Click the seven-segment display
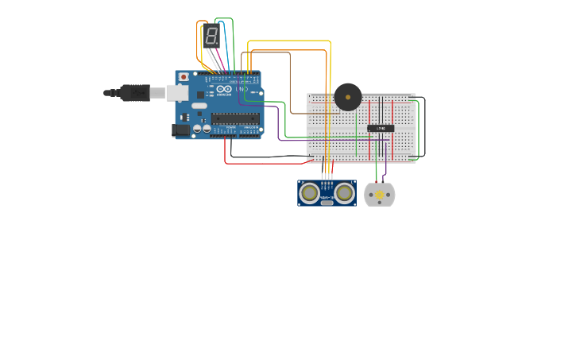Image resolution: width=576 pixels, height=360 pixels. point(211,36)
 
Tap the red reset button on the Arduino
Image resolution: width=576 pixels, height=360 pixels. point(184,77)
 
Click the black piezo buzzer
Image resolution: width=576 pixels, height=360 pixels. point(347,97)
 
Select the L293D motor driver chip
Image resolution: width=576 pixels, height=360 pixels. point(381,128)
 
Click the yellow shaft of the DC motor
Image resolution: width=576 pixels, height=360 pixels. point(380,195)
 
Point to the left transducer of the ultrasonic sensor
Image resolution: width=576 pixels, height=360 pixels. point(309,192)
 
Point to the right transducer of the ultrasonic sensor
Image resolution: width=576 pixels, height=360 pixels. point(344,192)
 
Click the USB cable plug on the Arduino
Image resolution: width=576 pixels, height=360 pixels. point(135,93)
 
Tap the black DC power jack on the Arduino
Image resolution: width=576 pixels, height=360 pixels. point(181,130)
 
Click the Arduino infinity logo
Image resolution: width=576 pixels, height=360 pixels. point(223,89)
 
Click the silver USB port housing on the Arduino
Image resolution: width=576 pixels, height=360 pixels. point(177,93)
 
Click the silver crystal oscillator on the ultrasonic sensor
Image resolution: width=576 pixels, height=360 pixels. point(327,203)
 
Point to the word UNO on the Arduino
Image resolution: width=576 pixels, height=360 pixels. point(240,89)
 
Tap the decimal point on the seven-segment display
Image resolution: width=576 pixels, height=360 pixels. point(218,44)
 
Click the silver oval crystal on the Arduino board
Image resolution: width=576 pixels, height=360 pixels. point(199,106)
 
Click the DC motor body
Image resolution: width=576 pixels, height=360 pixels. point(380,195)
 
